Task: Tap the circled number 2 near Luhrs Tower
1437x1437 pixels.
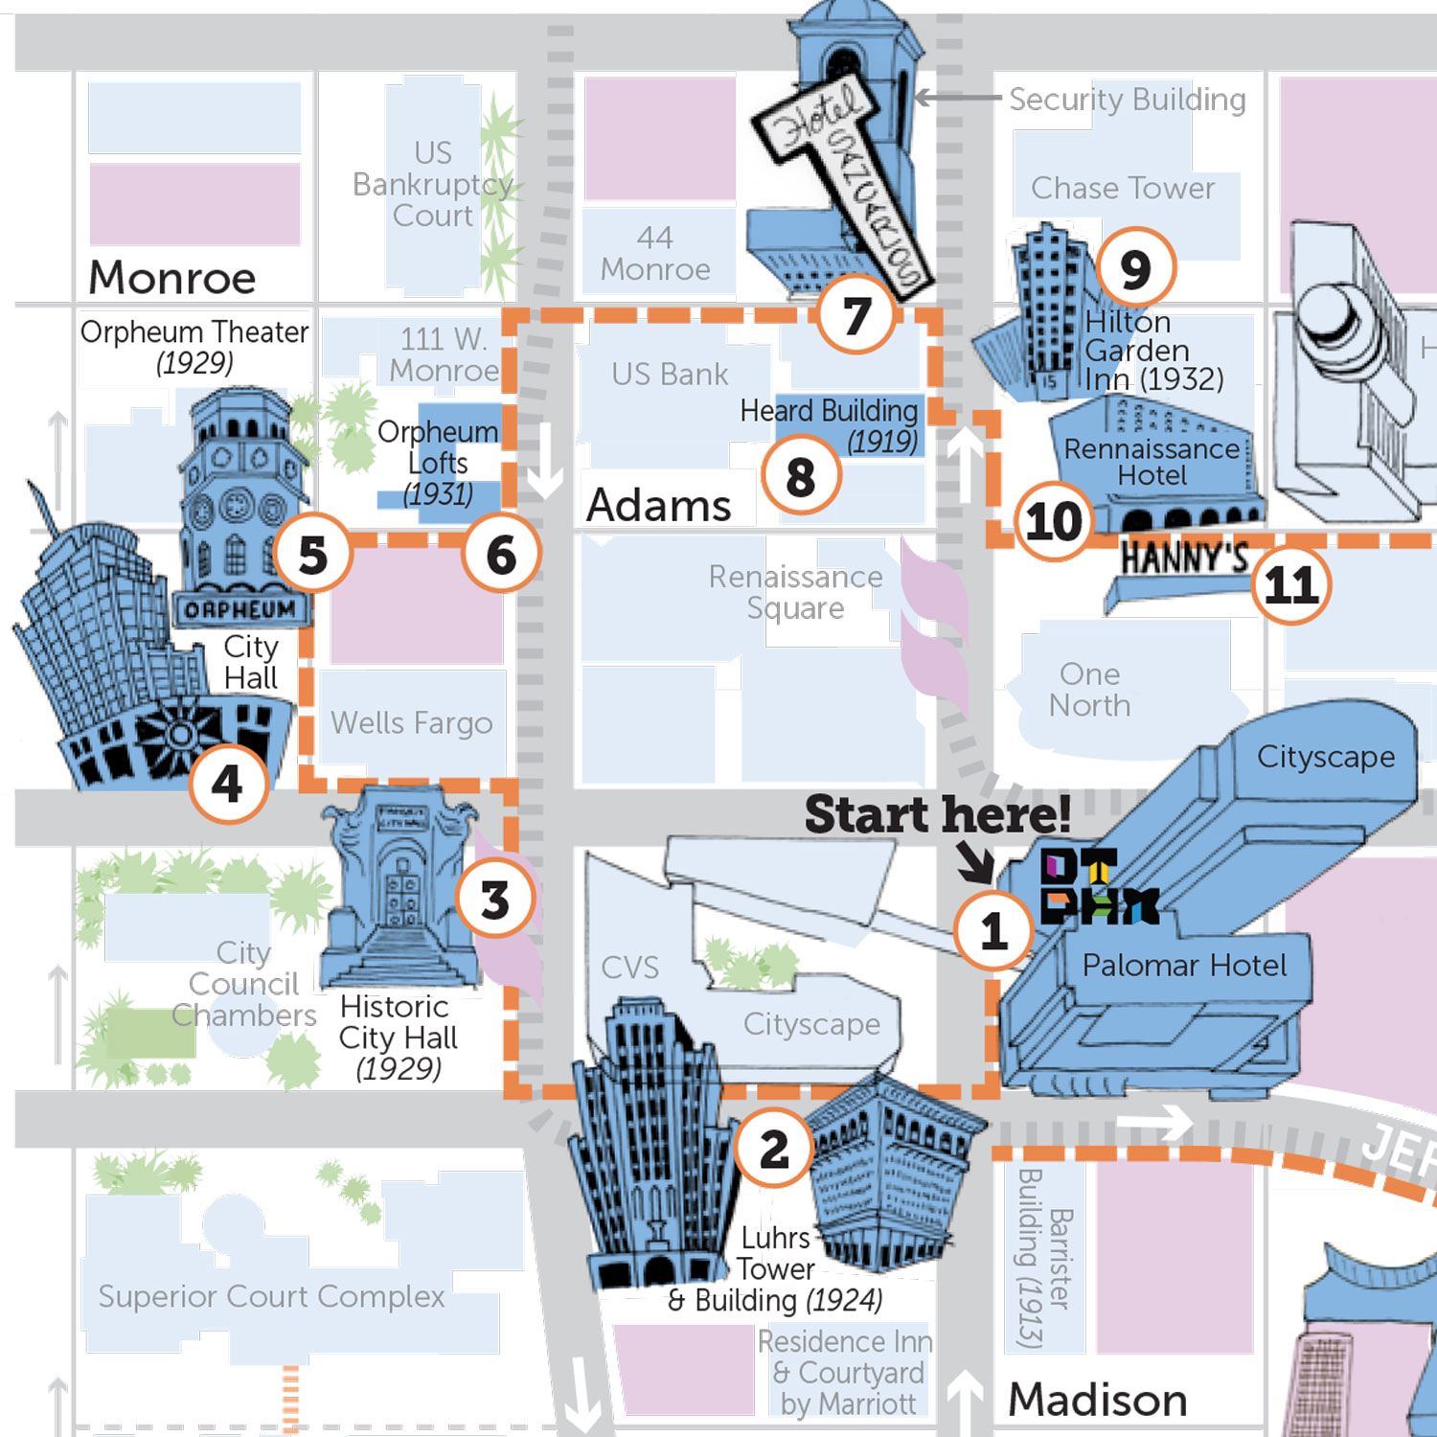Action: click(x=774, y=1149)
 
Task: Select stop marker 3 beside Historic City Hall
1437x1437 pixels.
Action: click(x=494, y=900)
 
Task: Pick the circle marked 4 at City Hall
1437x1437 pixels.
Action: click(x=227, y=784)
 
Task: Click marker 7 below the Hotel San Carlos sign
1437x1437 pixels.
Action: click(x=856, y=315)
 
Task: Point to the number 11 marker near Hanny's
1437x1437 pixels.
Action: click(x=1290, y=584)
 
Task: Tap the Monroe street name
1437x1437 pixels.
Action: click(x=172, y=278)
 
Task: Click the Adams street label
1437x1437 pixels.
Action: click(x=659, y=505)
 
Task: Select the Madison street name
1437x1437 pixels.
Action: click(x=1098, y=1400)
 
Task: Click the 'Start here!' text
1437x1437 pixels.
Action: click(x=937, y=814)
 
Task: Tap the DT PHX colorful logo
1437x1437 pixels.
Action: click(x=1097, y=886)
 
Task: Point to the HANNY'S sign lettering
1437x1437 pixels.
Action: click(x=1184, y=557)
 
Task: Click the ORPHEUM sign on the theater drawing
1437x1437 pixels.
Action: click(x=239, y=610)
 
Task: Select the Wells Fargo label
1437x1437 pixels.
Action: click(x=412, y=722)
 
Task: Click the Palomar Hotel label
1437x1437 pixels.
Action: click(x=1184, y=965)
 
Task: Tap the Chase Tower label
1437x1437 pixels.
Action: click(x=1123, y=188)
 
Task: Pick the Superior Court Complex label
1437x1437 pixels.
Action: click(x=272, y=1296)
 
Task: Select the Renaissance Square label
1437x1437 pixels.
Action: click(x=795, y=592)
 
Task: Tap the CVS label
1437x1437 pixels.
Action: click(x=629, y=968)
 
